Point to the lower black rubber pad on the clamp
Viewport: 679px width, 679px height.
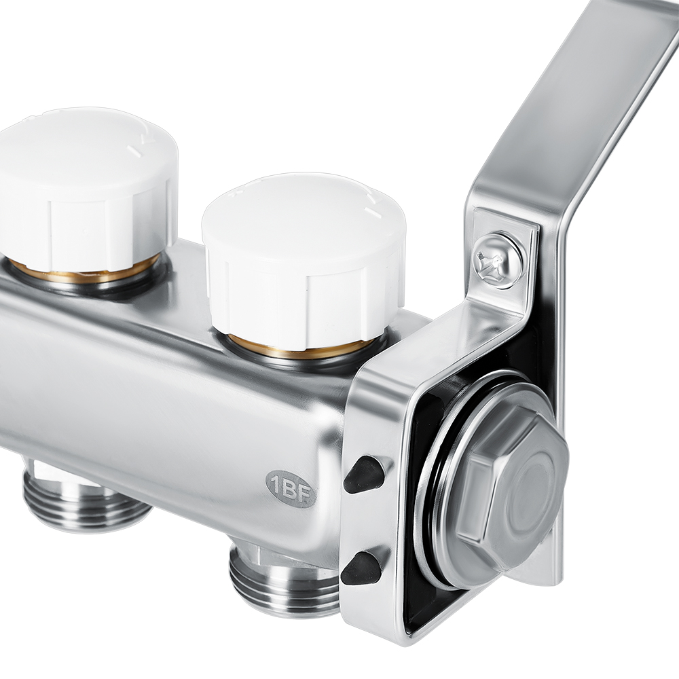point(362,568)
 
